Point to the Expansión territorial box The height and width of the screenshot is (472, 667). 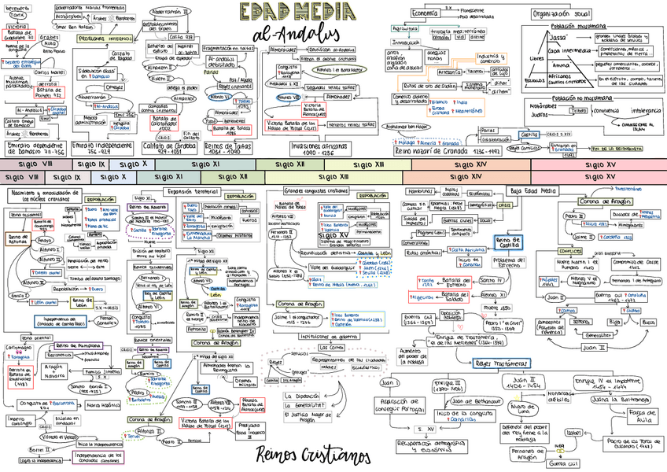190,191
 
